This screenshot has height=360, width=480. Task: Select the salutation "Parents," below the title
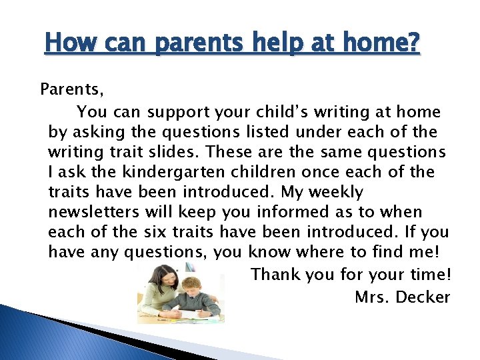pyautogui.click(x=71, y=88)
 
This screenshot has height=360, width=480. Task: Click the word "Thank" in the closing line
pyautogui.click(x=275, y=274)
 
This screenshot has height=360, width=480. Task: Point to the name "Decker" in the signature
pyautogui.click(x=423, y=297)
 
